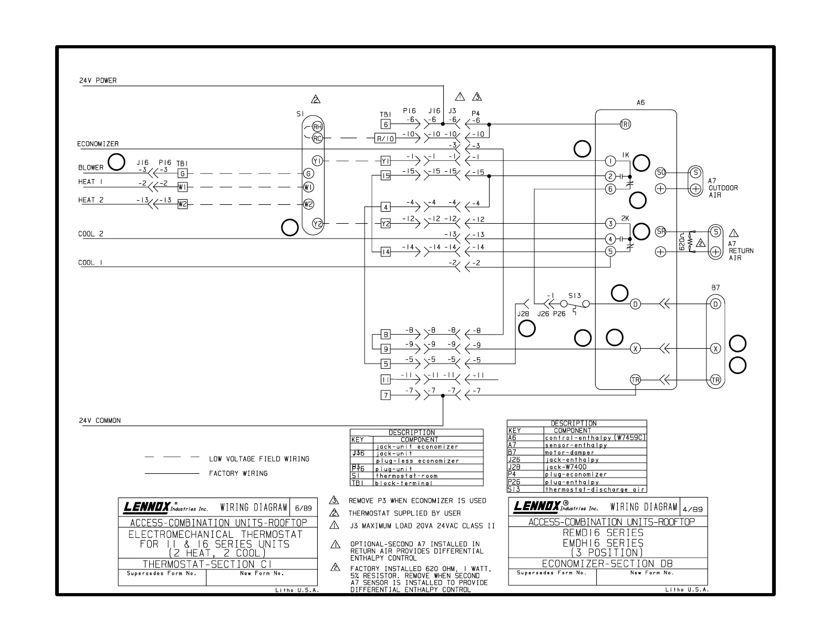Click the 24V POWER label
click(x=98, y=80)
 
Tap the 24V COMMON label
click(x=100, y=420)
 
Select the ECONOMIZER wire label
click(x=98, y=144)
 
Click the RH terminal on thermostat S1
click(x=317, y=127)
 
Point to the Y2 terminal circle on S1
click(x=317, y=223)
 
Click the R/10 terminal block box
click(x=385, y=139)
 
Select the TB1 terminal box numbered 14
click(x=386, y=252)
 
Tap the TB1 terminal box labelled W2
click(x=182, y=204)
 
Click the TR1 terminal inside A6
click(x=626, y=124)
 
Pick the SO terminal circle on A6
click(x=661, y=172)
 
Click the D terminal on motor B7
click(x=715, y=304)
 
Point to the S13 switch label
click(x=575, y=296)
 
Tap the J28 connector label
click(x=523, y=314)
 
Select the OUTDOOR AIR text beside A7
click(x=723, y=191)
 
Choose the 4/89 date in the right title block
click(x=694, y=509)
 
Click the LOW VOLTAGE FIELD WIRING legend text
click(x=259, y=459)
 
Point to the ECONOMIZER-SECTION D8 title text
click(x=607, y=564)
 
